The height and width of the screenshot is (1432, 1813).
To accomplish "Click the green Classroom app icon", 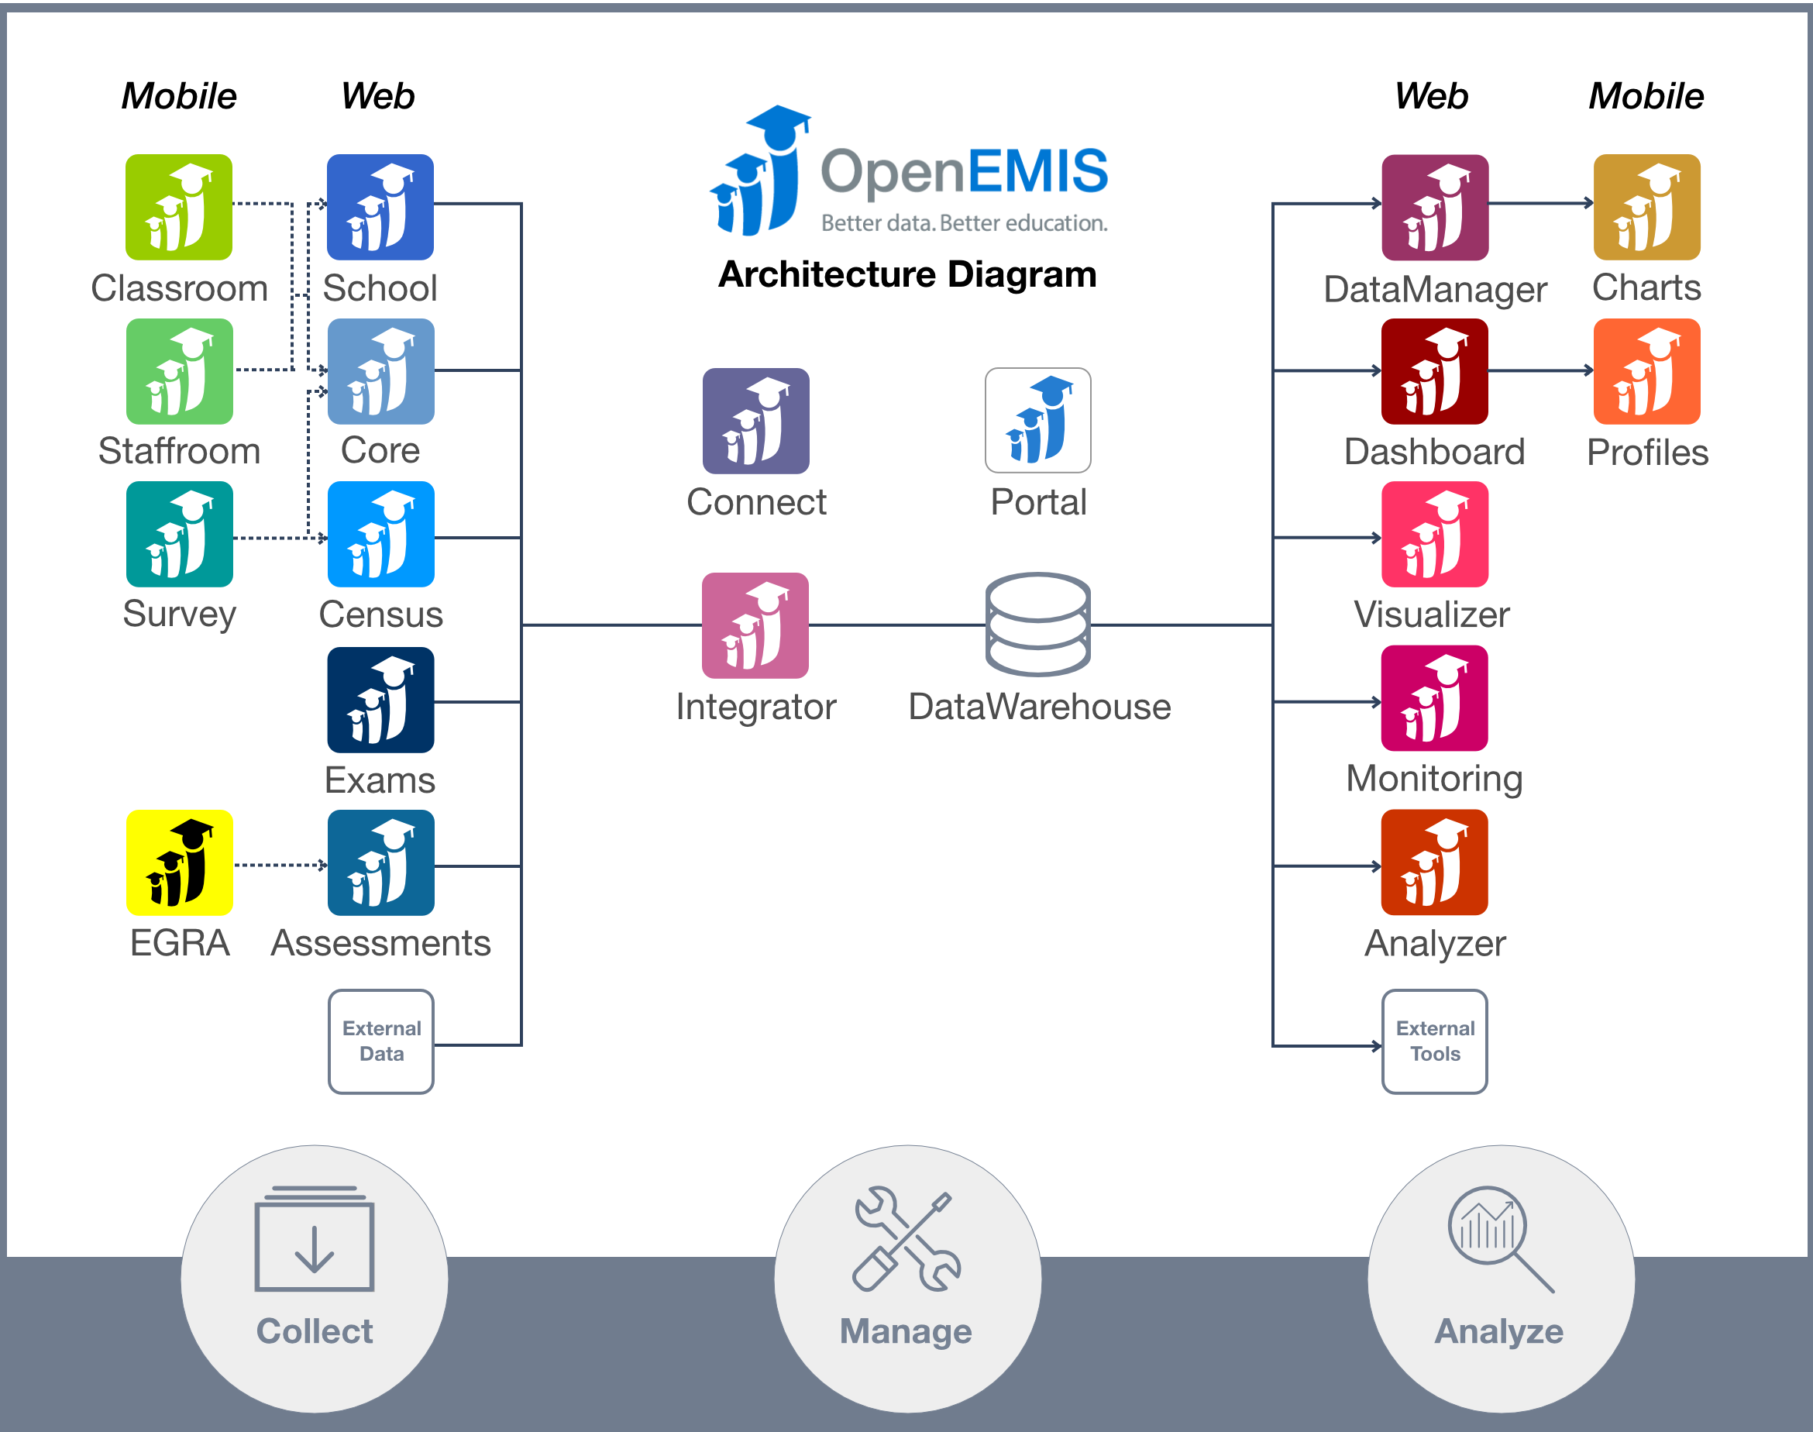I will point(178,207).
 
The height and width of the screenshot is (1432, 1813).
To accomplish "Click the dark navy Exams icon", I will point(380,699).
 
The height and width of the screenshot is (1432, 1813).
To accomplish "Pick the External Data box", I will point(381,1041).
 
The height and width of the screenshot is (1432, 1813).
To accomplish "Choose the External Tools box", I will point(1434,1041).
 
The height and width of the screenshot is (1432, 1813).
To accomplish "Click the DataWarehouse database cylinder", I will point(1037,625).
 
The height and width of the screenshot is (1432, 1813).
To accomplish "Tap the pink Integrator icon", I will point(755,625).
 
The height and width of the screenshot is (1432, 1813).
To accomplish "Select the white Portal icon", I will point(1037,420).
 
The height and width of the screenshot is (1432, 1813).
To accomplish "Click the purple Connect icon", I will point(756,421).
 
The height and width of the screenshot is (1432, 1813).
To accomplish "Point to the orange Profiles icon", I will point(1646,371).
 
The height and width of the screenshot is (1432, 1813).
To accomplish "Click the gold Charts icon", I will point(1646,207).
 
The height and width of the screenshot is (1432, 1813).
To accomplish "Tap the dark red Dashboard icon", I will point(1434,371).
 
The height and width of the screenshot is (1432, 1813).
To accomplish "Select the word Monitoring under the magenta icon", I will point(1434,778).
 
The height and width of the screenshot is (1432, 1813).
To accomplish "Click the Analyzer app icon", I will point(1434,862).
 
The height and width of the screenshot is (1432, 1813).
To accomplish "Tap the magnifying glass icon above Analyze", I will point(1499,1238).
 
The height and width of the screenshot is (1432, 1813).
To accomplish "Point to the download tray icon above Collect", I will point(315,1239).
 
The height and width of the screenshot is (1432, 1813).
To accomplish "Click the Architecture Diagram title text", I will point(907,274).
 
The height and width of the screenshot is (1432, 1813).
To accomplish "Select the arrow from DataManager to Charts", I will point(1540,203).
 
